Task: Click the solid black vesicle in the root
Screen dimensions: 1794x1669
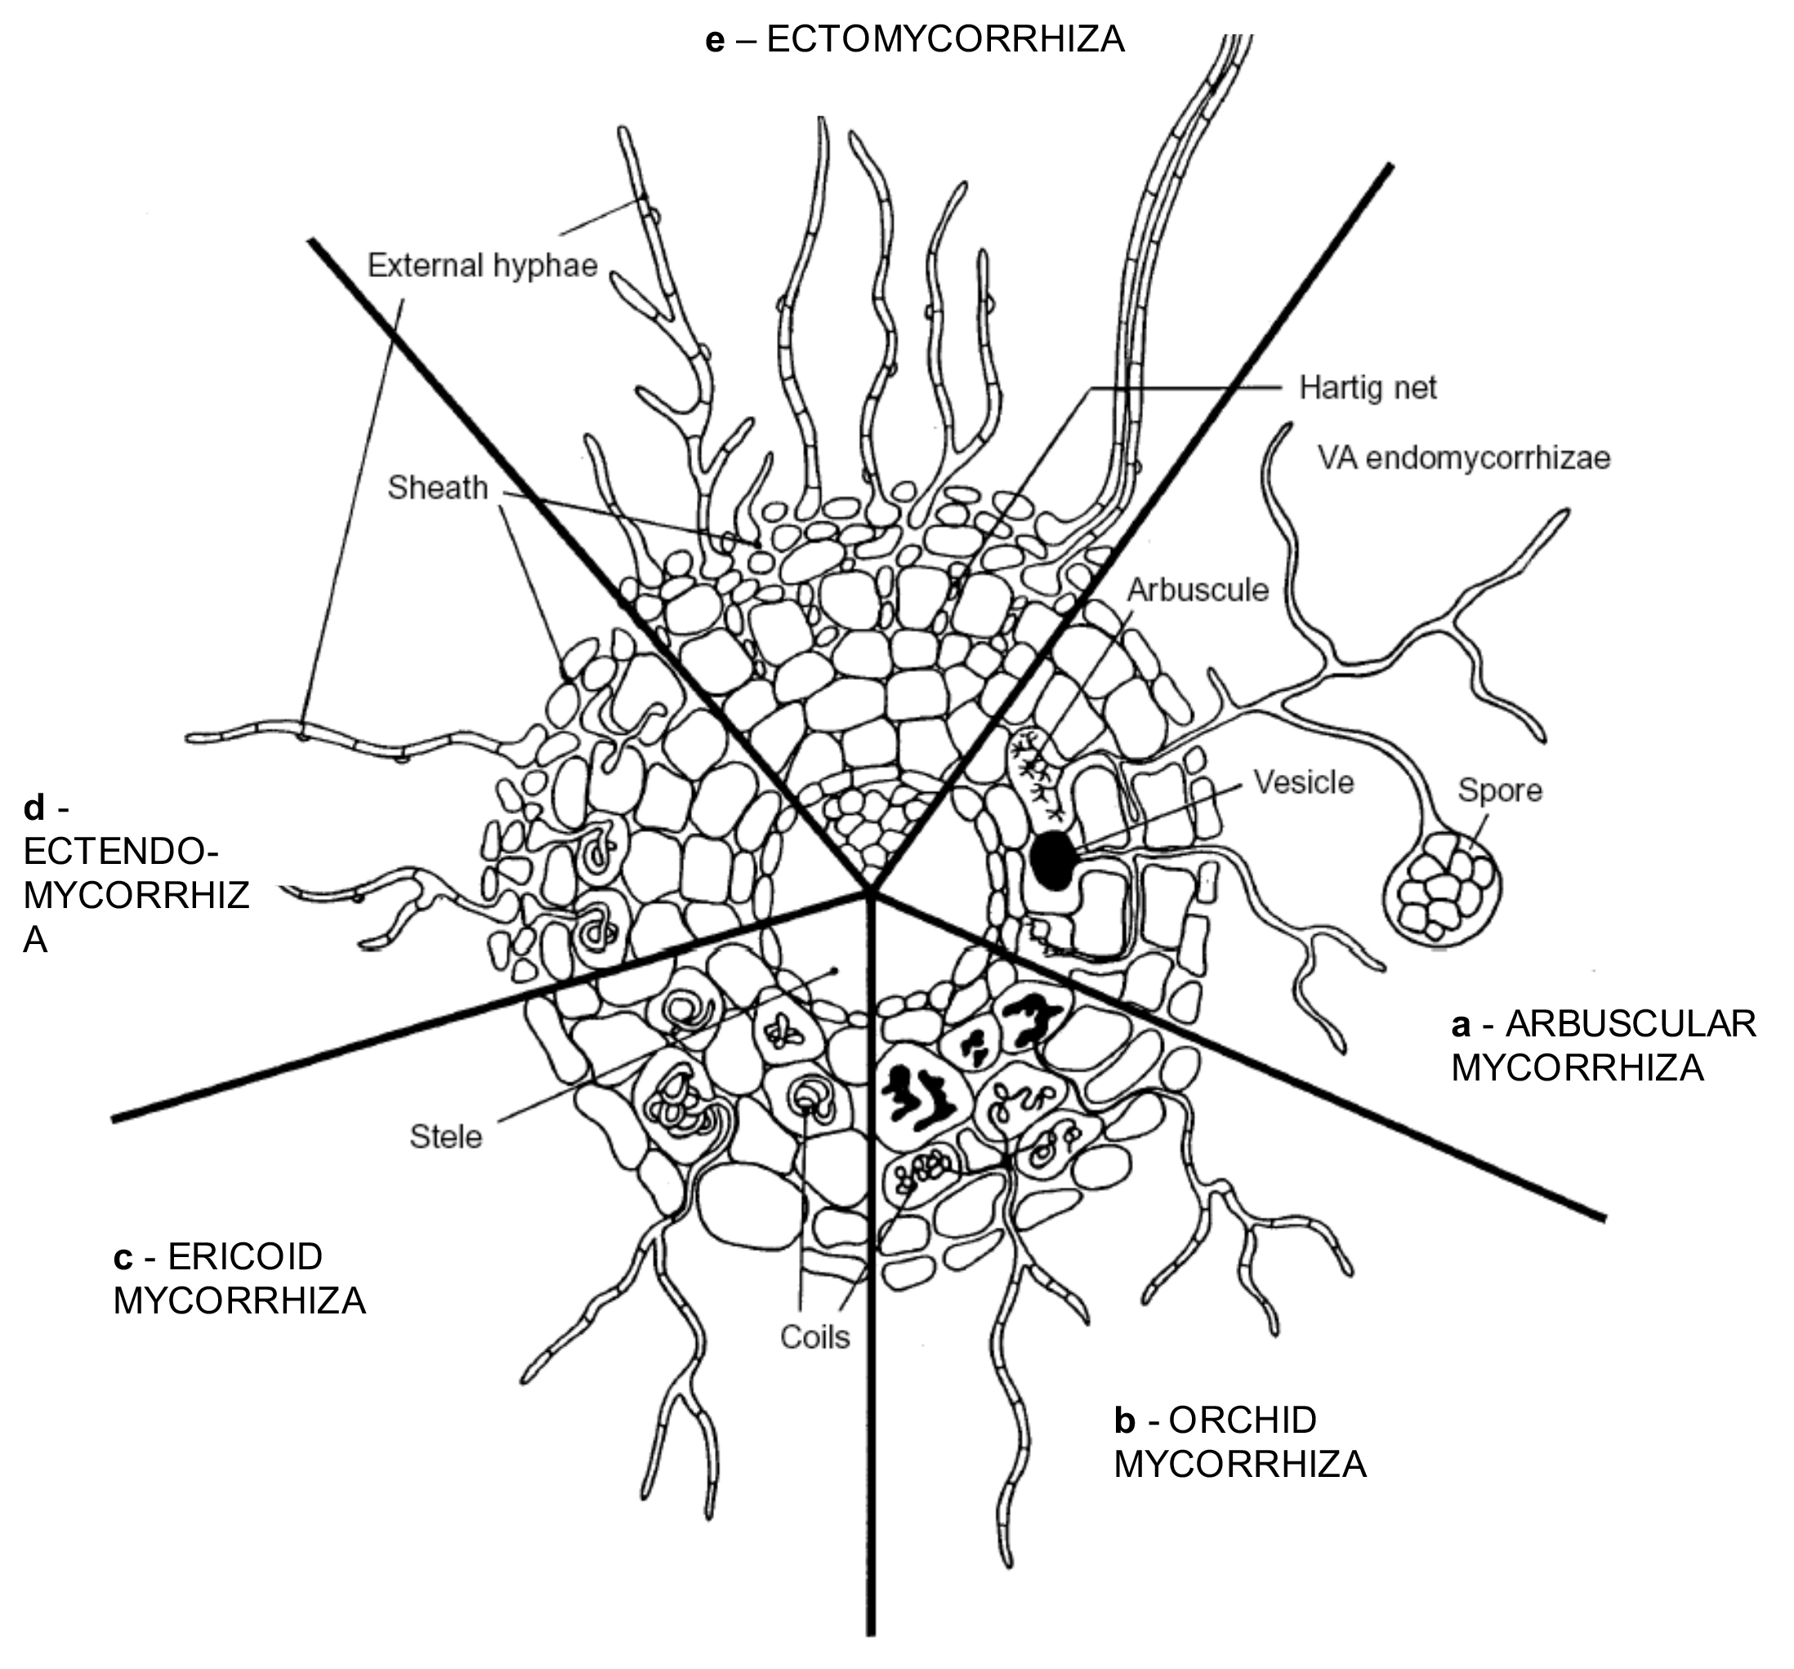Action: [1052, 861]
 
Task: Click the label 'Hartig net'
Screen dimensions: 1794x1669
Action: [1368, 388]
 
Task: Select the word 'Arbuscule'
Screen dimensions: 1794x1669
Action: [1198, 589]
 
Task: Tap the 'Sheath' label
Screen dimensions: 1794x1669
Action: [438, 487]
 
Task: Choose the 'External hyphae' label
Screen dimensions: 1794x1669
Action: [483, 266]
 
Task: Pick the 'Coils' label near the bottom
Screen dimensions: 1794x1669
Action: [814, 1337]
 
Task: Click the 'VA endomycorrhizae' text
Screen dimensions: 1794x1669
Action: [1464, 458]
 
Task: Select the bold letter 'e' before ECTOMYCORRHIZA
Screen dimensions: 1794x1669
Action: [715, 41]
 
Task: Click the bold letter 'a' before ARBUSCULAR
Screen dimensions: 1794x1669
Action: [1461, 1026]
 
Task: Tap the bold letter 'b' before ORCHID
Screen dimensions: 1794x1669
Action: [1124, 1420]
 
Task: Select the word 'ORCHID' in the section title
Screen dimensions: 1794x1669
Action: [1243, 1420]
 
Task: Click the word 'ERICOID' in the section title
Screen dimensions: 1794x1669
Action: [244, 1256]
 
